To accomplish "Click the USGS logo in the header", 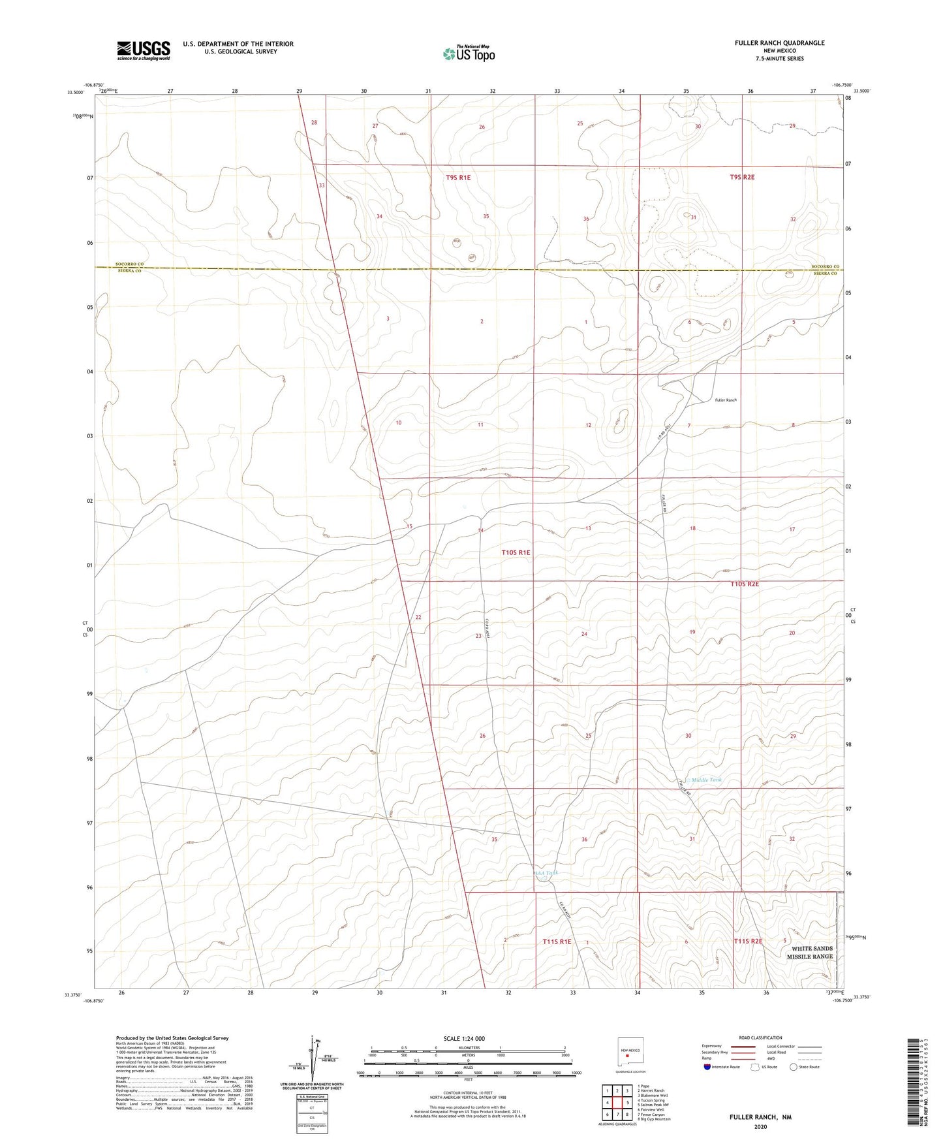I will pyautogui.click(x=144, y=50).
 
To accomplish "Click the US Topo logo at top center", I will pyautogui.click(x=468, y=54).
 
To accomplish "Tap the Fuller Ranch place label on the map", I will pyautogui.click(x=725, y=400).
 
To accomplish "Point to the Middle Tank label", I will pyautogui.click(x=706, y=780).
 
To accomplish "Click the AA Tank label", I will pyautogui.click(x=546, y=873).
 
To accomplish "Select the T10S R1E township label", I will pyautogui.click(x=516, y=552).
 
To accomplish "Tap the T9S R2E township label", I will pyautogui.click(x=742, y=177).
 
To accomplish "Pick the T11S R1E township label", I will pyautogui.click(x=557, y=942).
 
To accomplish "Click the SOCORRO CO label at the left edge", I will pyautogui.click(x=129, y=264).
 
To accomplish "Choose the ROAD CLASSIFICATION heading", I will pyautogui.click(x=760, y=1037).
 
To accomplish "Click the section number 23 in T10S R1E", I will pyautogui.click(x=478, y=636).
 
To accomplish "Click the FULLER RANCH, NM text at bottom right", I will pyautogui.click(x=760, y=1117).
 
